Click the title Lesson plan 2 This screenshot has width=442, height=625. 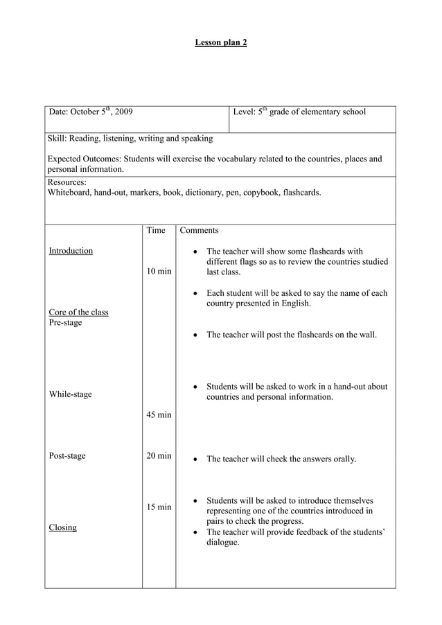click(220, 43)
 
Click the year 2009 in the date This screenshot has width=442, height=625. click(124, 112)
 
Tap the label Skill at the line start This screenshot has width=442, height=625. click(58, 139)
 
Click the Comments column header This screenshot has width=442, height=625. click(199, 230)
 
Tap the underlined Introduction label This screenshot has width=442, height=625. click(71, 251)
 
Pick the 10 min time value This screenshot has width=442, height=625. click(159, 271)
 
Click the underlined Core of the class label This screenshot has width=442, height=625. click(78, 312)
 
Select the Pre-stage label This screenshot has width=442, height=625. click(65, 323)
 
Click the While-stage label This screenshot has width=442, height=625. click(70, 394)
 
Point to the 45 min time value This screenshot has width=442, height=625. click(159, 414)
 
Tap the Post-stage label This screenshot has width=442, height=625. click(67, 456)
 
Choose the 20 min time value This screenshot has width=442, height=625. click(159, 456)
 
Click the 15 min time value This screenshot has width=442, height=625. click(159, 507)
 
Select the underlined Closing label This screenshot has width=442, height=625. click(62, 528)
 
